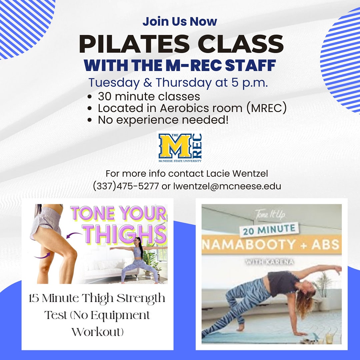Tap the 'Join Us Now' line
point(180,21)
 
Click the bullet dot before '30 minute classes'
point(89,97)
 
